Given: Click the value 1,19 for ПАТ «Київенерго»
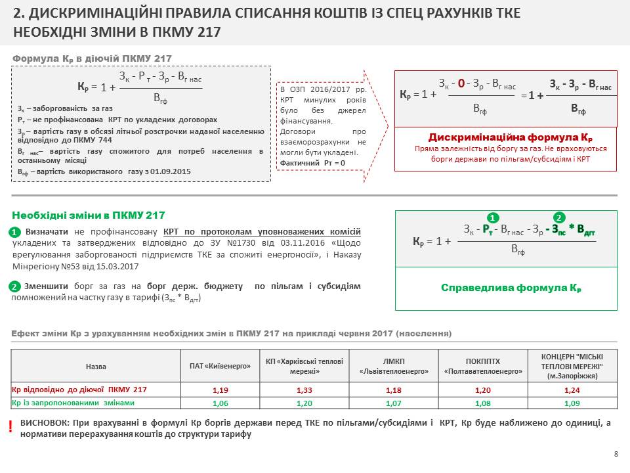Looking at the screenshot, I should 220,390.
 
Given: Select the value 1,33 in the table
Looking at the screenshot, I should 304,390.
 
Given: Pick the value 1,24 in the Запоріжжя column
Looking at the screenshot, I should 572,390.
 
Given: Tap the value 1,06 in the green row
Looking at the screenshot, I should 220,403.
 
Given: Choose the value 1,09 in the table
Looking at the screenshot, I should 572,403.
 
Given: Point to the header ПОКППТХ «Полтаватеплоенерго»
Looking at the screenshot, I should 484,366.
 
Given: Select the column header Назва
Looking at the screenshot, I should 96,366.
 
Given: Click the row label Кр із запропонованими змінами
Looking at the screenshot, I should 73,403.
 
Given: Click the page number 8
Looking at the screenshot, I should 616,454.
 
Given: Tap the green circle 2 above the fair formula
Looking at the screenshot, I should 559,217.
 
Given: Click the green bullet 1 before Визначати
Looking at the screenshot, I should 16,233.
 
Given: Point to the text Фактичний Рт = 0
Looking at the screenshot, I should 312,163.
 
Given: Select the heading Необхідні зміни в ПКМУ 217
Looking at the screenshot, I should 89,215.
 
